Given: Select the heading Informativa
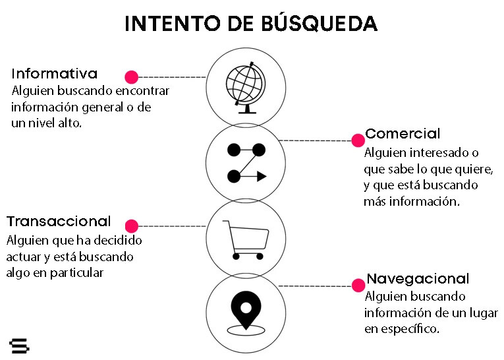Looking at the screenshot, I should coord(55,74).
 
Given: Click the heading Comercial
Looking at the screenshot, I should coord(403,134).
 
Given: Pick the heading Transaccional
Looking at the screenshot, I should coord(59,222).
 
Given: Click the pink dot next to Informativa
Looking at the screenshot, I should coord(132,76).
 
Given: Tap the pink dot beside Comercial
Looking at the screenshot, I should coord(358,140).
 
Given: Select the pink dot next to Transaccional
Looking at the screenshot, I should coord(132,225).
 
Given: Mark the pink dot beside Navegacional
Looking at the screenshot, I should coord(358,285).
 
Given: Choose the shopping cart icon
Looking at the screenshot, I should coord(246,239).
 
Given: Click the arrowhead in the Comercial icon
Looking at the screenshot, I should coord(261,176).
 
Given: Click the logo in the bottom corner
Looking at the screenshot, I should coord(20,345).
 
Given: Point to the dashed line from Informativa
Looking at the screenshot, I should coord(171,76).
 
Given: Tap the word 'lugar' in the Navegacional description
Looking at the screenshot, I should coord(484,313).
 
